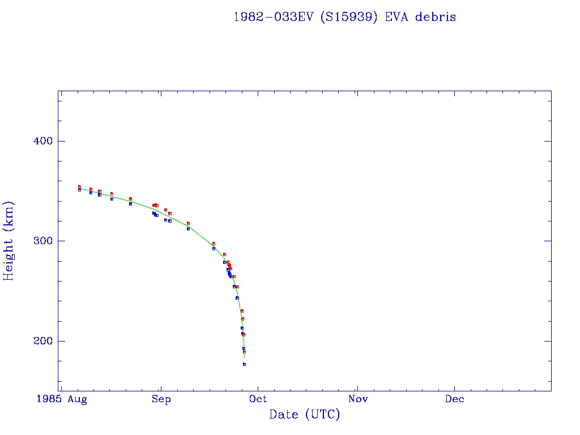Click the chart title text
pos(344,17)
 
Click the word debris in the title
pos(435,17)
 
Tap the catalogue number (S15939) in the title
pos(351,17)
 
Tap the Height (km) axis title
pos(9,241)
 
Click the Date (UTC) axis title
pos(305,415)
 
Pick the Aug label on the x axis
pos(77,399)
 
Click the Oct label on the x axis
pos(258,399)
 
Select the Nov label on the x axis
pos(358,399)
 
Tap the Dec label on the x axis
pos(454,399)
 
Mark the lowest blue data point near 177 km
pos(244,364)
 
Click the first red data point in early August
pos(79,187)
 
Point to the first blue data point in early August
pos(79,190)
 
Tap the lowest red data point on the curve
pos(244,352)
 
